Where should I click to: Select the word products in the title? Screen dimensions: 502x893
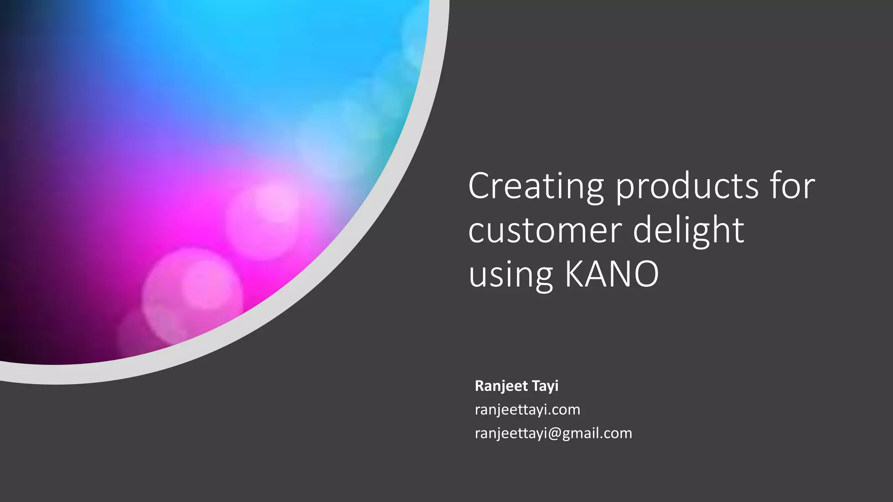point(687,186)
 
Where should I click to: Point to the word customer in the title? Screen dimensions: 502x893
point(545,231)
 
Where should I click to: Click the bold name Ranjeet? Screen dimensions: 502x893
point(501,386)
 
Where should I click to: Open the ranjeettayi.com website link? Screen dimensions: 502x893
point(527,410)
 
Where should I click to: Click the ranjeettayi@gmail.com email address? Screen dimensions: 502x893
point(553,433)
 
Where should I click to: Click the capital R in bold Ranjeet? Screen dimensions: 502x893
point(480,386)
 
